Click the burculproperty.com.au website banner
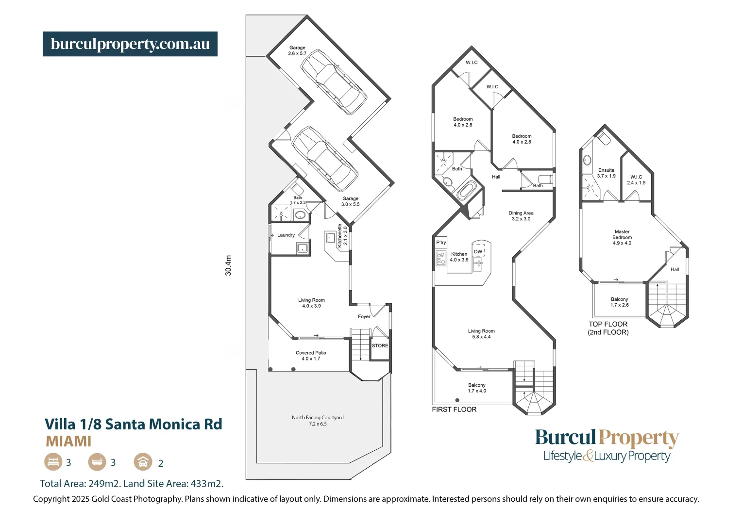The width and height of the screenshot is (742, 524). [130, 44]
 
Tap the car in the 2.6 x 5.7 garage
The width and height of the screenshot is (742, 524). [333, 81]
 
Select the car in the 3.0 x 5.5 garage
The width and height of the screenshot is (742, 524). [324, 158]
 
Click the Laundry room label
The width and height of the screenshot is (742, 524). [286, 235]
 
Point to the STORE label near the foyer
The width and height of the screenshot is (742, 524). [380, 346]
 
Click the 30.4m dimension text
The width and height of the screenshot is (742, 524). [228, 265]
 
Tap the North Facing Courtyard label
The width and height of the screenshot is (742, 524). [318, 420]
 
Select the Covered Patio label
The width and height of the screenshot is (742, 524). [311, 356]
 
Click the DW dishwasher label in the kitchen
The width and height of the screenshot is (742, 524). [478, 252]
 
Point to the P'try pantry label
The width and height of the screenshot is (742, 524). [441, 243]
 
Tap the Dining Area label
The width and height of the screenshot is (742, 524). [521, 216]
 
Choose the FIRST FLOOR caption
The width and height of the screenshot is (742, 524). [454, 409]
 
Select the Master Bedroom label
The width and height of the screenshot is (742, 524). [622, 237]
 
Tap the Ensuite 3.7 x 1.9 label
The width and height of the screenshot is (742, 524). [606, 173]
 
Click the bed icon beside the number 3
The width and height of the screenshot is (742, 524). [53, 462]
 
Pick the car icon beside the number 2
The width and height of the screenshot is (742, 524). [143, 462]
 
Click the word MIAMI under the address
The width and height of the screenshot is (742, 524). [68, 442]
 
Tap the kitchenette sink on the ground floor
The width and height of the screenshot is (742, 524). [331, 238]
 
